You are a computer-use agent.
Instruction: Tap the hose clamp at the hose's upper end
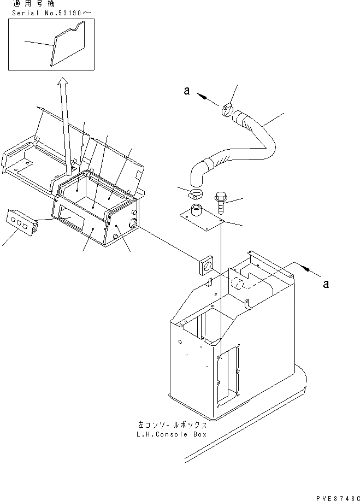pos(229,111)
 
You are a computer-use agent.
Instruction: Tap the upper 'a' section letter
pos(186,92)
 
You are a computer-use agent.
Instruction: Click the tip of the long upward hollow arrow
pos(63,80)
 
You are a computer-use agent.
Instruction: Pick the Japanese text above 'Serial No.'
pos(22,4)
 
